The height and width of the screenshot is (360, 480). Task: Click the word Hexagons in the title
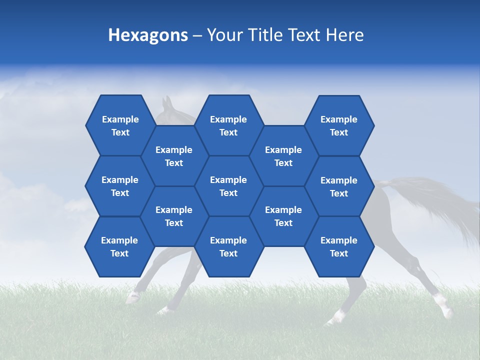(x=148, y=35)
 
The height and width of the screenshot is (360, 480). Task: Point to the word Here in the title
(x=345, y=35)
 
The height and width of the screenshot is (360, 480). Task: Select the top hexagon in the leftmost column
(x=120, y=125)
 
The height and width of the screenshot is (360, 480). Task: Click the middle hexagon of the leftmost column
(x=120, y=186)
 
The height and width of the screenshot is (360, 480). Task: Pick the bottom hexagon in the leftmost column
(x=119, y=246)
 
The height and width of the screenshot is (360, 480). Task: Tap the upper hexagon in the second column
(x=174, y=156)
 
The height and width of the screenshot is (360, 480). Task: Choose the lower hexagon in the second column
(x=174, y=216)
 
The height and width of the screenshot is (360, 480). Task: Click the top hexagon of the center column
(x=228, y=125)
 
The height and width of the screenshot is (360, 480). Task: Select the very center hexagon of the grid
(x=228, y=186)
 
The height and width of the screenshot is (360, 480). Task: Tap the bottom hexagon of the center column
(x=228, y=246)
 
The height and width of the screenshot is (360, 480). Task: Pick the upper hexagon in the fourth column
(x=283, y=156)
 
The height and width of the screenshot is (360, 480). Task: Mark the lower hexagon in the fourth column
(x=283, y=216)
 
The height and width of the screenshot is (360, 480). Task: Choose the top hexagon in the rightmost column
(x=339, y=125)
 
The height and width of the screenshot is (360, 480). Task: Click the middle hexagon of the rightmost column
(x=339, y=186)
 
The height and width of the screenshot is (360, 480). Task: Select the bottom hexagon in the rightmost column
(x=339, y=246)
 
